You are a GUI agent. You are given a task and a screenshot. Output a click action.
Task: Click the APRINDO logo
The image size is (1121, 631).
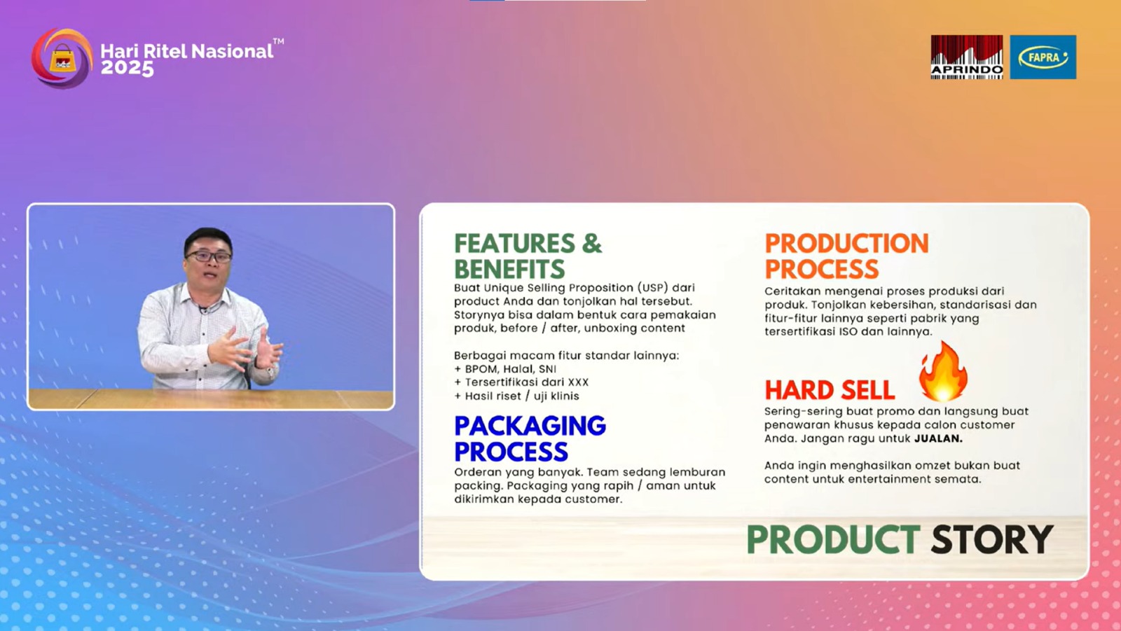tap(966, 57)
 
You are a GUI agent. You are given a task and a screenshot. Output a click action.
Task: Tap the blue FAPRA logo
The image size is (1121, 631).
tap(1043, 57)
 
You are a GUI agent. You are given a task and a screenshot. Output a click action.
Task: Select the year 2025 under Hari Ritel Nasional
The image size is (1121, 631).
tap(127, 69)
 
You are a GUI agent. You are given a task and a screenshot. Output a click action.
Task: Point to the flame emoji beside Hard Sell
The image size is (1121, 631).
tap(942, 371)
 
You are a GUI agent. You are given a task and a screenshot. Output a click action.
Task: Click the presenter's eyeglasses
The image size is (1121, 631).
tap(208, 257)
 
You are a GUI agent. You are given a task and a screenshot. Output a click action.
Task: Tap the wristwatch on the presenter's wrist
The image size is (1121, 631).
tap(270, 372)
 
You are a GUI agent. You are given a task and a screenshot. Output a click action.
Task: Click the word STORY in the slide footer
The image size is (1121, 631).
tap(992, 539)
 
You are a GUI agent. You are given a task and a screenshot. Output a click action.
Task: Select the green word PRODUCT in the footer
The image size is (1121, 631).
tap(833, 539)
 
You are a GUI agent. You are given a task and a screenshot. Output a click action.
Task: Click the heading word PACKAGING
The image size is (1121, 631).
tap(530, 426)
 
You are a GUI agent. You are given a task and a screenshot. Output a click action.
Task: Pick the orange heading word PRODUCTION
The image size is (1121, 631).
tap(847, 244)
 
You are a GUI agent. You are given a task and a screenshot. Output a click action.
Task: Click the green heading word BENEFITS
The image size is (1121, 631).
tap(509, 269)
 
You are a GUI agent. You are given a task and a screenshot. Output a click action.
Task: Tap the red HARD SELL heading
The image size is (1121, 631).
tap(830, 390)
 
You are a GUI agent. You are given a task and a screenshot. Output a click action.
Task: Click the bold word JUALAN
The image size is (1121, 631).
tap(938, 439)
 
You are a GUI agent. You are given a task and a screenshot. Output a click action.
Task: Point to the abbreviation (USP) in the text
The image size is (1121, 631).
tap(652, 288)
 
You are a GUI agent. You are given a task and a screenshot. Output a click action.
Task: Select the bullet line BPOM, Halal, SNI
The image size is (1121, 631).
tap(505, 369)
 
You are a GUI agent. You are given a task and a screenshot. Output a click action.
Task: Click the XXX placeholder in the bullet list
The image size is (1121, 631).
tap(578, 382)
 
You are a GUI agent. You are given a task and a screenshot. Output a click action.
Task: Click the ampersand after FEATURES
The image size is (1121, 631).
tap(592, 244)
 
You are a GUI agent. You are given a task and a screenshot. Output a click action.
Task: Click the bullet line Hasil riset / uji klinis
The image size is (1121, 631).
tap(516, 396)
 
